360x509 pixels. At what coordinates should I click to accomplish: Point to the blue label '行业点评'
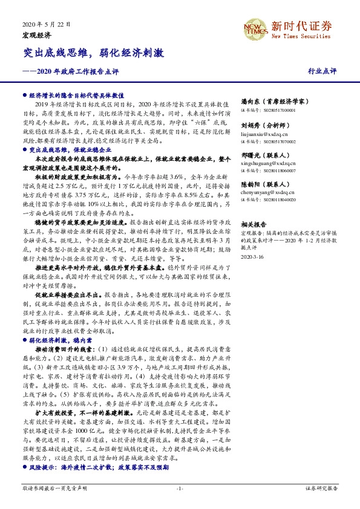point(322,71)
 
